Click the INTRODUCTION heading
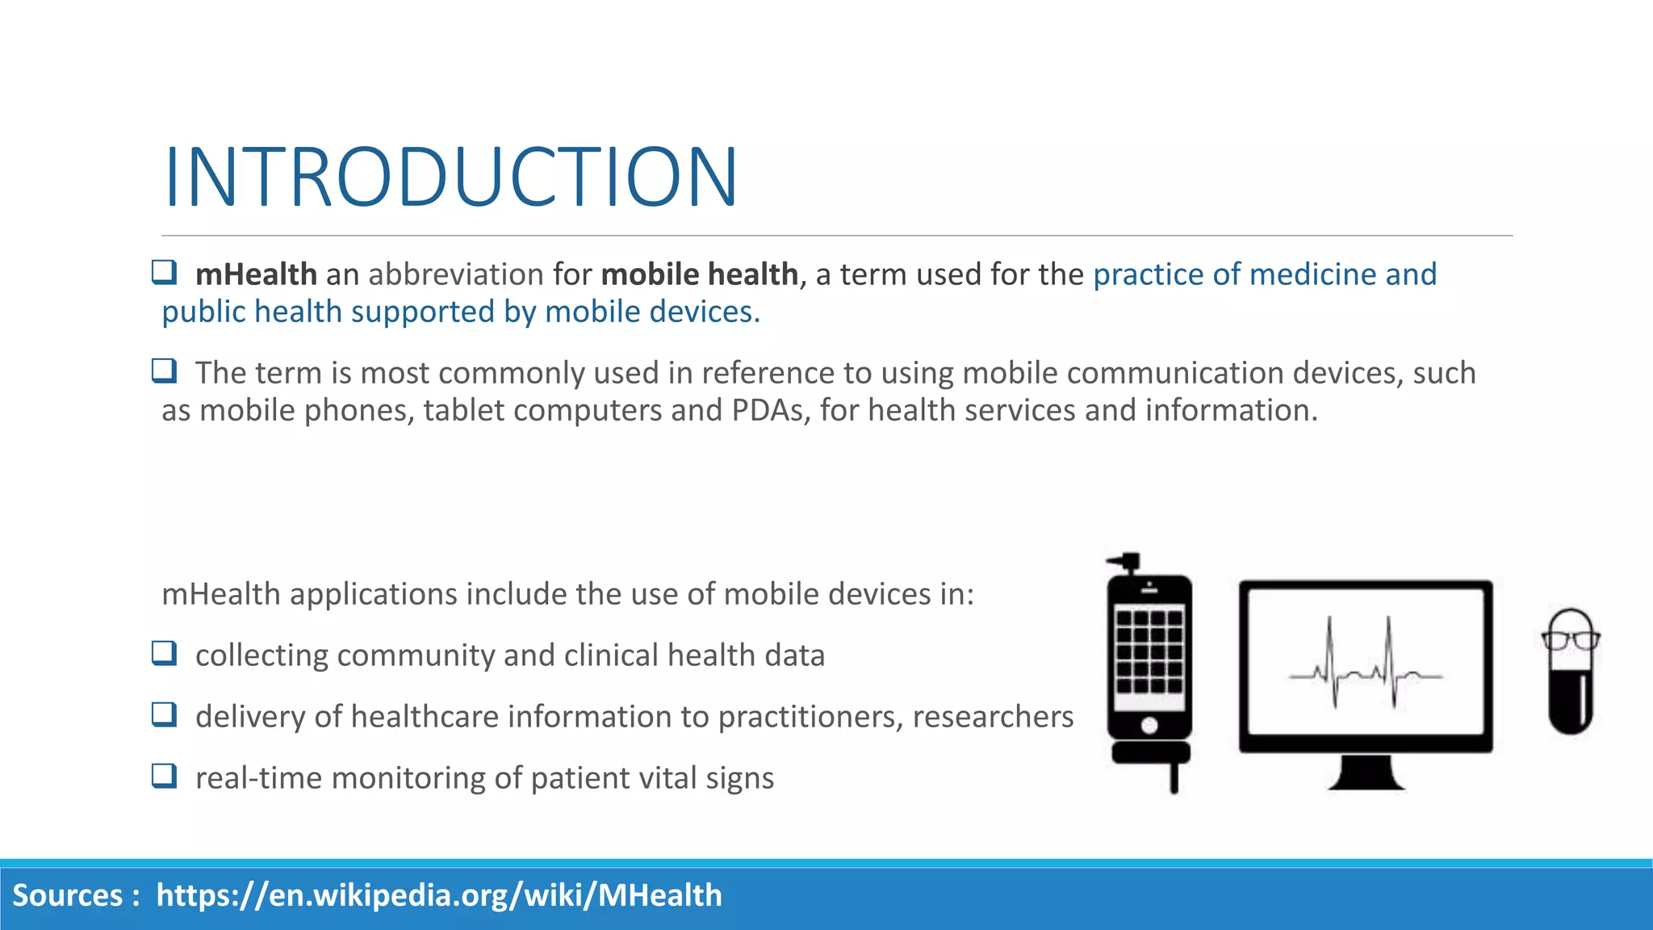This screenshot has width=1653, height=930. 450,177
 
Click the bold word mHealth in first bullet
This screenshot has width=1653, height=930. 256,274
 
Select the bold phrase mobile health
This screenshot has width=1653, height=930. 699,274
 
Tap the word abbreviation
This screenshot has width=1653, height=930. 456,274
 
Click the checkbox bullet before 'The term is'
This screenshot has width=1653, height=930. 164,371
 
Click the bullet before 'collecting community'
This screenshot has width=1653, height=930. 164,653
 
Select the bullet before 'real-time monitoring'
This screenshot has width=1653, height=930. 164,776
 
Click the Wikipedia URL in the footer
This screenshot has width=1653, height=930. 439,895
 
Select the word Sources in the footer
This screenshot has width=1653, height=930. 68,895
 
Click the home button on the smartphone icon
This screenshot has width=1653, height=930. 1149,726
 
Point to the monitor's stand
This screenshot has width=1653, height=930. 1366,773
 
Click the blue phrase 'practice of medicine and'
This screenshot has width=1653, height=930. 1265,274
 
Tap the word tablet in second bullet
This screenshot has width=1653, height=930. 463,410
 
